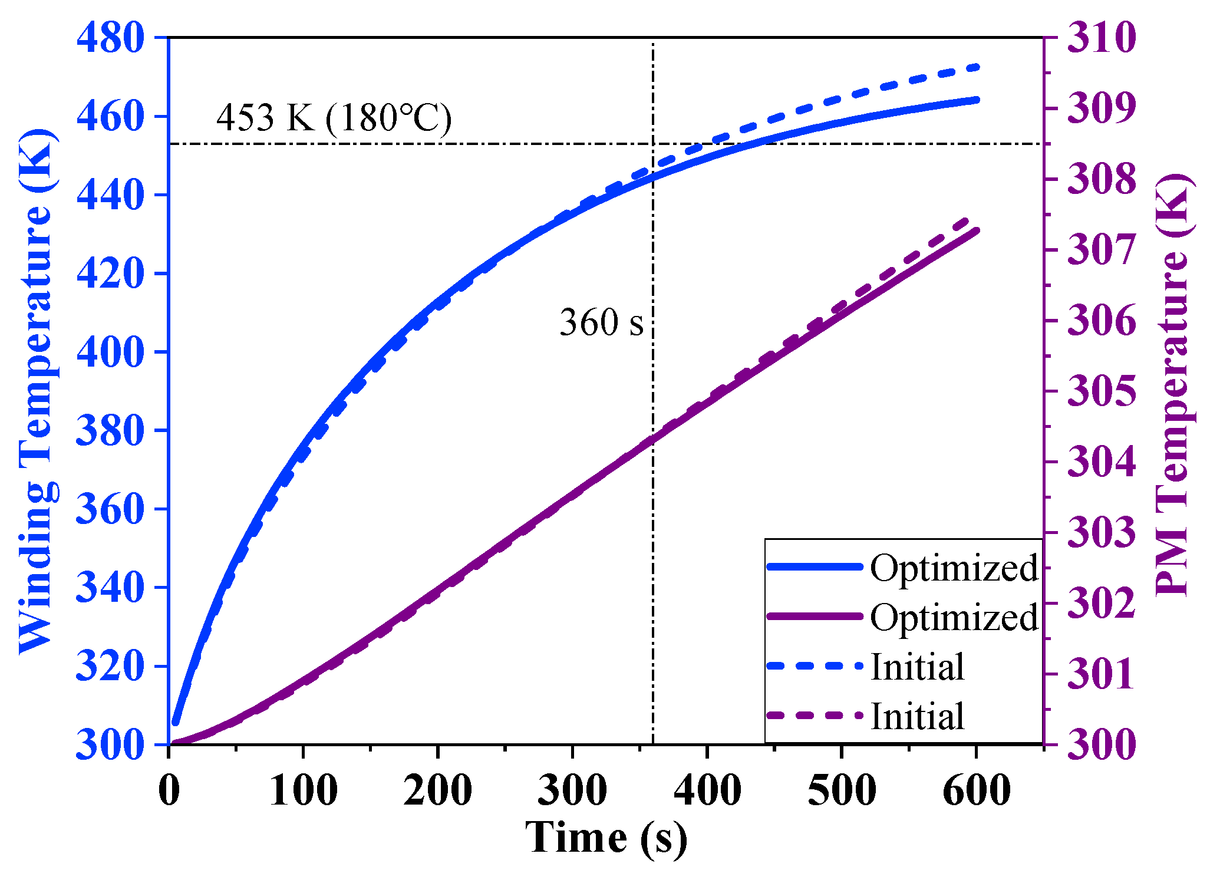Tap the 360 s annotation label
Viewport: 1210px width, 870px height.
[601, 322]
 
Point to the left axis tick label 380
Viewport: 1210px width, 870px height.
[110, 430]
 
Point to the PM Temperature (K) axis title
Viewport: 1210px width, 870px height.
[1173, 385]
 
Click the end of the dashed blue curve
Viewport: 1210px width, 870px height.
[977, 67]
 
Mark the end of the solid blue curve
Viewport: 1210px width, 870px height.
[977, 100]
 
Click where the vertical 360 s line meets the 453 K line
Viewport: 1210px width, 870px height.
[653, 144]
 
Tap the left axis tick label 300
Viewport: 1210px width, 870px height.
[110, 745]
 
